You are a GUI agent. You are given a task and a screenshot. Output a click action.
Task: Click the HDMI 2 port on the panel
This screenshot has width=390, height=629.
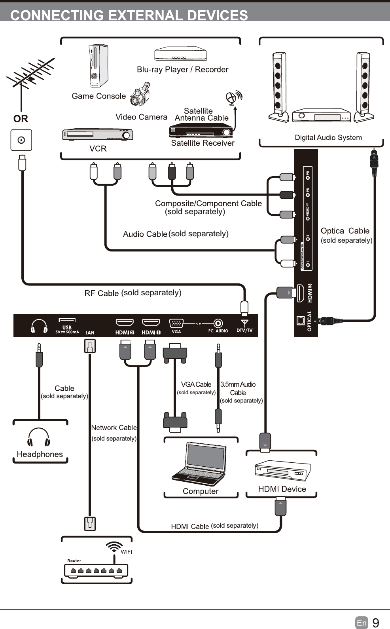(124, 323)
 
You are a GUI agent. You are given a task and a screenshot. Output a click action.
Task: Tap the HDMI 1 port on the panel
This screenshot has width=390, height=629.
(151, 323)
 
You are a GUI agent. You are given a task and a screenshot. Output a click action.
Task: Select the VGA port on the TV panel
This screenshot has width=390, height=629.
(176, 323)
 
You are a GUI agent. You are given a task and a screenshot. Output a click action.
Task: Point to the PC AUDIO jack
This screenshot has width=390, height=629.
(218, 323)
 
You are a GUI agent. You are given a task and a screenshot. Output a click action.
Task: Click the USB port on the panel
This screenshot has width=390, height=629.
(67, 320)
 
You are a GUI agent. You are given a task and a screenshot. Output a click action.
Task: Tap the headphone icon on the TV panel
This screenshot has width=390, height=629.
(39, 326)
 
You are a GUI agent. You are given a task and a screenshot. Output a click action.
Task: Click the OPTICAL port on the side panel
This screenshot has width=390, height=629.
(301, 320)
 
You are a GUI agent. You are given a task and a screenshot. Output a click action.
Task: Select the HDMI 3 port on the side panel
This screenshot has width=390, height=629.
(300, 293)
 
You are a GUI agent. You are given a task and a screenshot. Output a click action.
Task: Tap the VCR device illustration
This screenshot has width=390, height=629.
(97, 135)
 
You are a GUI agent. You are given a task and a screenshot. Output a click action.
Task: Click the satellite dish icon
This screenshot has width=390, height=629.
(233, 97)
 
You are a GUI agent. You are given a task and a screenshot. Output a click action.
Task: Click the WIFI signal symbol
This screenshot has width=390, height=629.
(114, 547)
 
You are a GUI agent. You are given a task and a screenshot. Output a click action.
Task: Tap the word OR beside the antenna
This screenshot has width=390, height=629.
(21, 119)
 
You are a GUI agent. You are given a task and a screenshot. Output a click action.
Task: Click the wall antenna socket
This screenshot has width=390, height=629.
(21, 140)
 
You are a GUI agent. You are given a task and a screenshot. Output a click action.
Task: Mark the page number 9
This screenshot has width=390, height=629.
(376, 623)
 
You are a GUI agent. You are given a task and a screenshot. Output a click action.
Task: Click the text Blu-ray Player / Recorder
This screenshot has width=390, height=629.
(182, 70)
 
